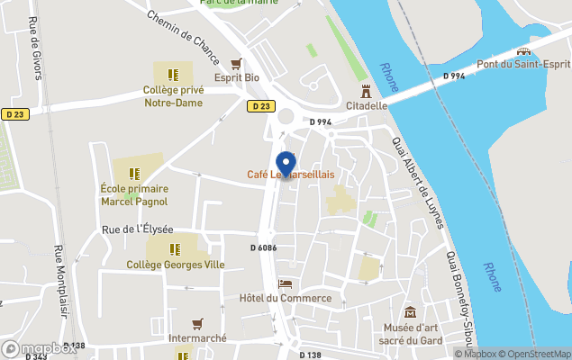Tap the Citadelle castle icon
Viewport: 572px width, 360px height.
[x=366, y=91]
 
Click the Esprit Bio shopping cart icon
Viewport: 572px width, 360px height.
[x=237, y=63]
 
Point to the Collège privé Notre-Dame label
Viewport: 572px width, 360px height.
[x=173, y=96]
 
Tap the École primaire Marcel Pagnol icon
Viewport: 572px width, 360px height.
[x=133, y=173]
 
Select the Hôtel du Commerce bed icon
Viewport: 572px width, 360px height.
[x=286, y=283]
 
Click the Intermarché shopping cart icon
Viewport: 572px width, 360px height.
[x=197, y=323]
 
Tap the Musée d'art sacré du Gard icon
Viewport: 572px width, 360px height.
[x=411, y=312]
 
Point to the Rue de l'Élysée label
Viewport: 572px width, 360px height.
[x=137, y=229]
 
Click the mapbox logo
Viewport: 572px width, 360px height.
[x=39, y=348]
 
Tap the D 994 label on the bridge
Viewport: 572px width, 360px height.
[x=454, y=76]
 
